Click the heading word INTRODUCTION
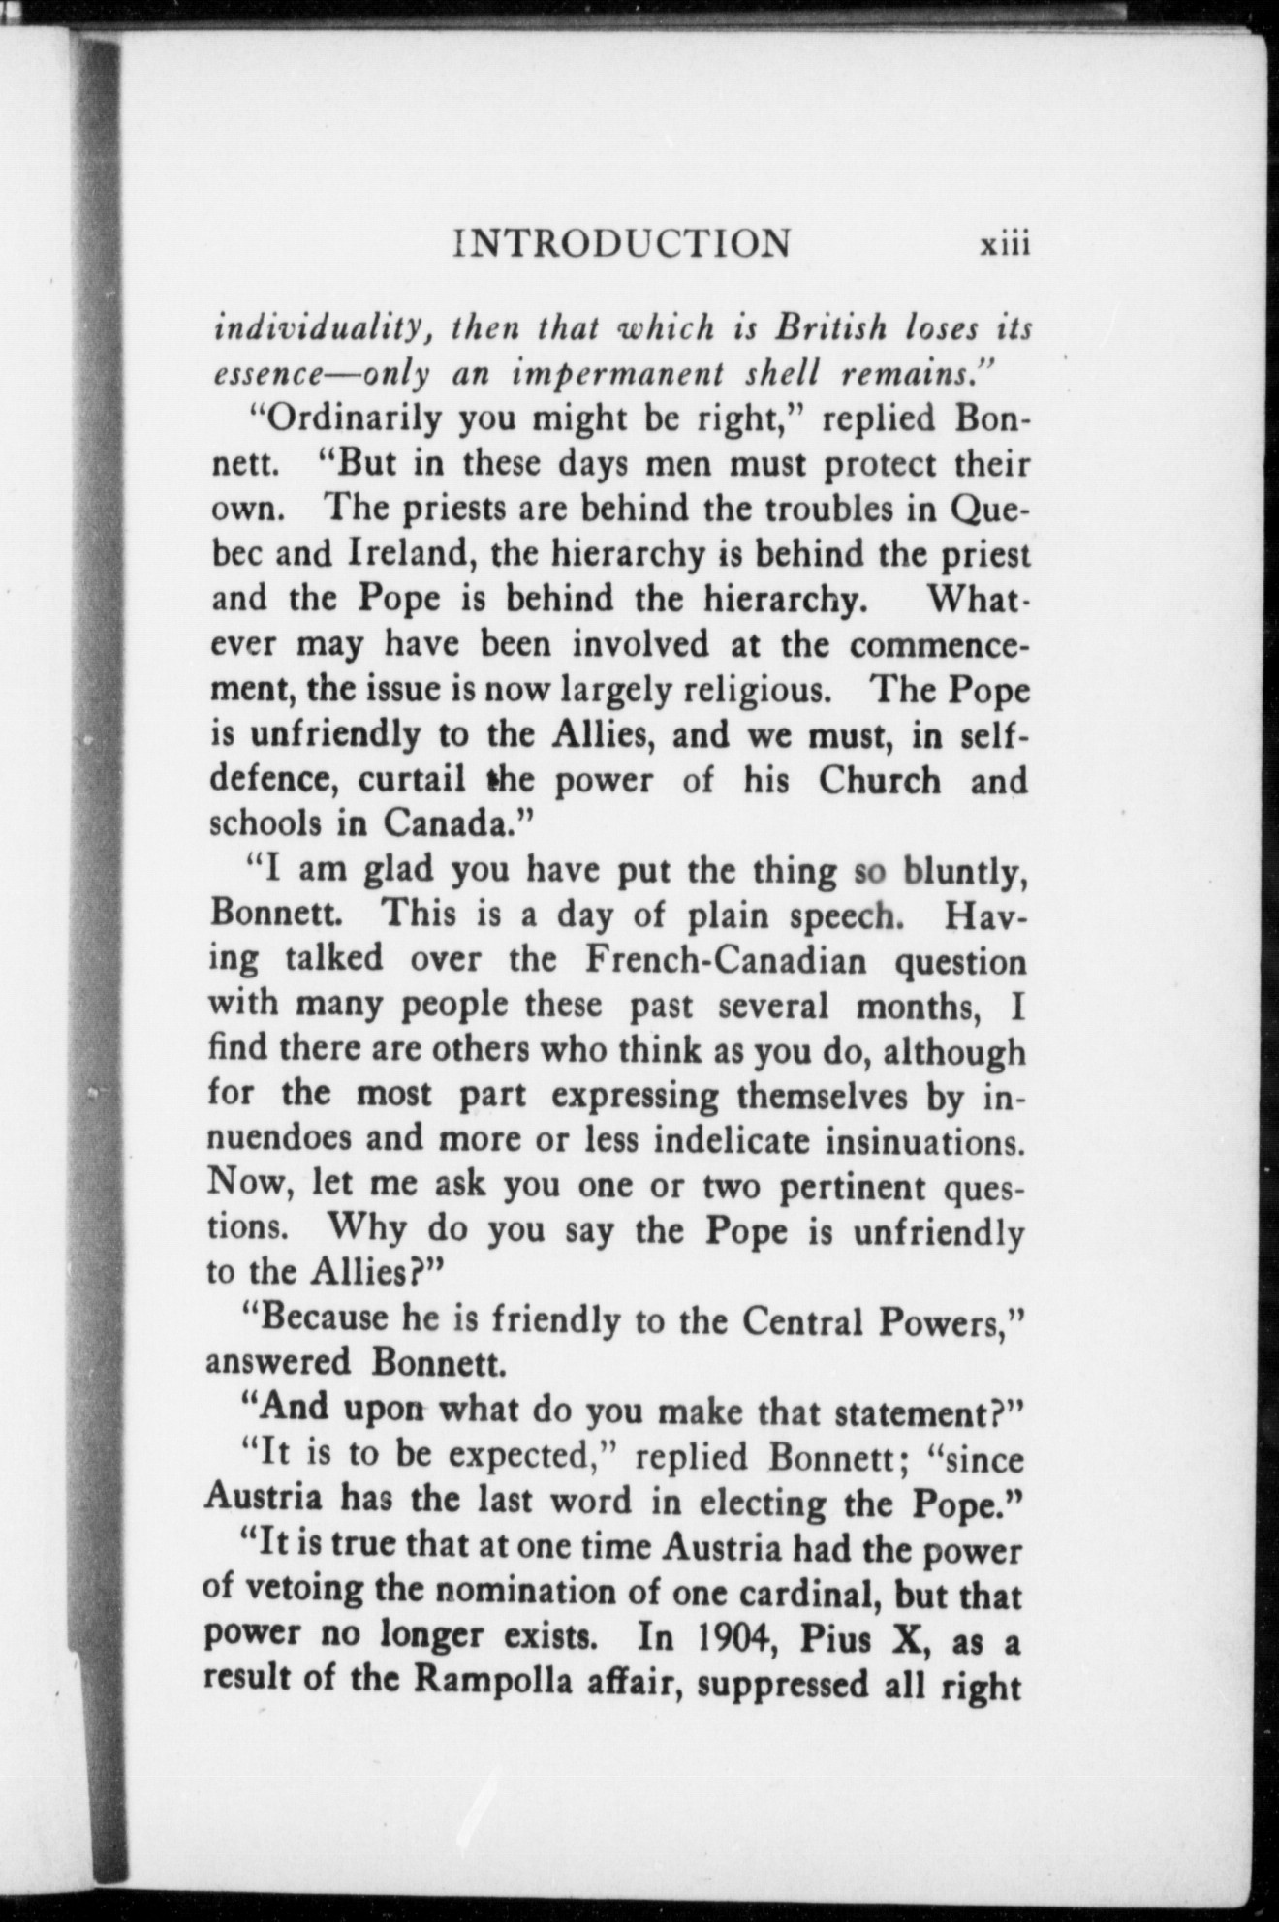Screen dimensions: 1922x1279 click(621, 243)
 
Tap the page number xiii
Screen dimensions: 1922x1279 click(1003, 244)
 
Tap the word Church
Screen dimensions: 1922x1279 click(879, 780)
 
